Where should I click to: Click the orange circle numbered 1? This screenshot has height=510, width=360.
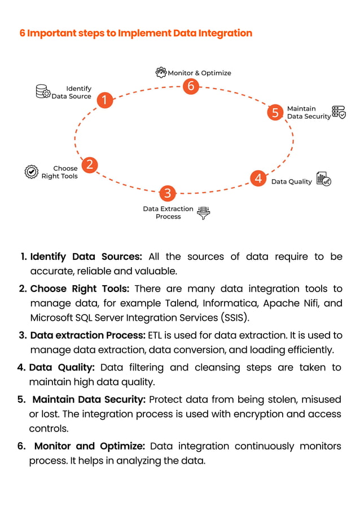[104, 101]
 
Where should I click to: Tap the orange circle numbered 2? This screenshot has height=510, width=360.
[89, 164]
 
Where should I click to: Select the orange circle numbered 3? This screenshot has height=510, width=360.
[167, 193]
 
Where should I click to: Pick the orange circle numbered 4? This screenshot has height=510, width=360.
[258, 178]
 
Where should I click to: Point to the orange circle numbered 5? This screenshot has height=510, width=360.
[275, 112]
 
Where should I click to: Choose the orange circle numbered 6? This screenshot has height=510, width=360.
[191, 86]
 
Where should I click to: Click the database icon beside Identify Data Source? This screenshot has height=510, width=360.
[43, 91]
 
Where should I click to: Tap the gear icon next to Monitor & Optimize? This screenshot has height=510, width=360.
[161, 72]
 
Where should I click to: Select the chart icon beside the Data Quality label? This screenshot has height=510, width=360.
[323, 179]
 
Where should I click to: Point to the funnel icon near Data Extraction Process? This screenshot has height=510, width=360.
[203, 212]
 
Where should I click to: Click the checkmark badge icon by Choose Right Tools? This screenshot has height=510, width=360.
[32, 172]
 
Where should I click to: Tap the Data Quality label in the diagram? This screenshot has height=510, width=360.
[291, 182]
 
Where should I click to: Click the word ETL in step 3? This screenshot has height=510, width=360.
[155, 335]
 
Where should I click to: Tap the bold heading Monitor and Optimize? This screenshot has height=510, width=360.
[90, 446]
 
